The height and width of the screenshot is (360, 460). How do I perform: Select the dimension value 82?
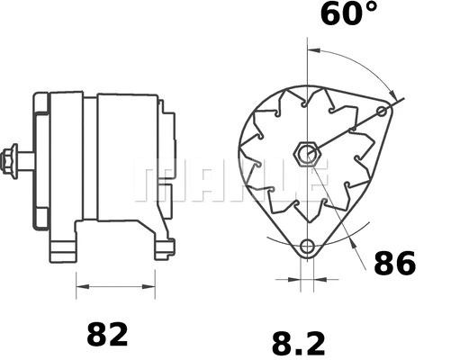(x=107, y=334)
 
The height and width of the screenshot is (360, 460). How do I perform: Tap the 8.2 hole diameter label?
(x=297, y=343)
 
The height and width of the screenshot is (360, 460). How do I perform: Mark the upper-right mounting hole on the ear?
(x=383, y=112)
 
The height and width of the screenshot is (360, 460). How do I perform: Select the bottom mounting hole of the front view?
(x=309, y=246)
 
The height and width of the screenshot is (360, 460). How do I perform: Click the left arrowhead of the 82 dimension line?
(x=80, y=289)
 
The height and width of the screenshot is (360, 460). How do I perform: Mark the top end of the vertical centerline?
(x=309, y=42)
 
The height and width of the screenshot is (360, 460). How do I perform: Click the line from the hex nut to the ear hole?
(x=347, y=132)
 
